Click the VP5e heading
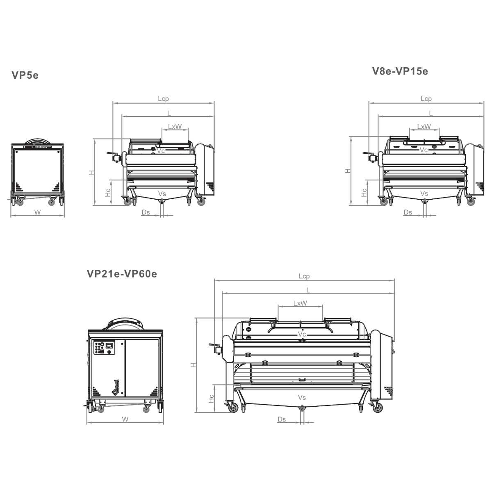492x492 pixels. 25,75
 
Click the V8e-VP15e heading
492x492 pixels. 400,71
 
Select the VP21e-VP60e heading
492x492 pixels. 122,274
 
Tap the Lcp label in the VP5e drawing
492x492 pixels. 163,99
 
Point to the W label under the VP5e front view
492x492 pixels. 37,212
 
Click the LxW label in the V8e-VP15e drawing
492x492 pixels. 424,126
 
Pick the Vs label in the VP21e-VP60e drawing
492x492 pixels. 301,397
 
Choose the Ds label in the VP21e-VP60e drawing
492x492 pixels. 282,419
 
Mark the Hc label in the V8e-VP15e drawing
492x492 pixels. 364,192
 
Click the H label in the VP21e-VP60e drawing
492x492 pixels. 194,365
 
